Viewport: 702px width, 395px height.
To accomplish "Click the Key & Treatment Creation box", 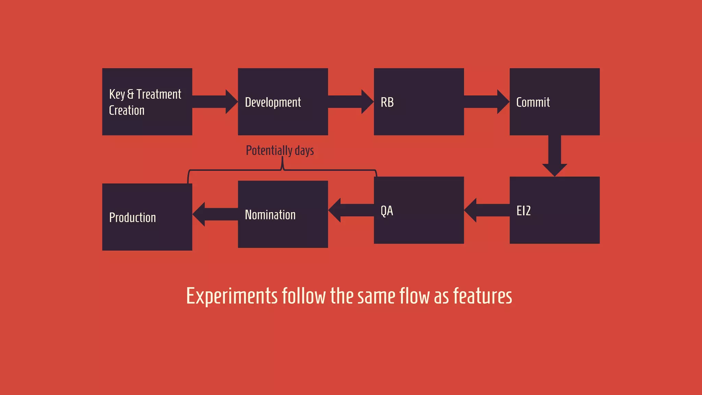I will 147,101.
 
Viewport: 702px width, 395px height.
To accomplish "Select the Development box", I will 283,101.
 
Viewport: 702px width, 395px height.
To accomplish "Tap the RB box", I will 419,101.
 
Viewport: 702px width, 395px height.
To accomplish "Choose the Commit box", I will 554,101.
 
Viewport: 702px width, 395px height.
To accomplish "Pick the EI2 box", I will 554,210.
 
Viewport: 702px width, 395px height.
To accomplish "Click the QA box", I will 419,210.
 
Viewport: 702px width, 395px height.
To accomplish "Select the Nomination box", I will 283,214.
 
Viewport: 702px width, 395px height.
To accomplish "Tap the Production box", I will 147,217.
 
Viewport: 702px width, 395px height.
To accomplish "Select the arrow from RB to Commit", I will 486,101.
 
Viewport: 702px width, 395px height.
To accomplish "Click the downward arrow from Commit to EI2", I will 554,156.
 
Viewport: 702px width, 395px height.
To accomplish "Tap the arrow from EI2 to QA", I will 487,210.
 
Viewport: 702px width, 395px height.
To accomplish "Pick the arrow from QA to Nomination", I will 351,210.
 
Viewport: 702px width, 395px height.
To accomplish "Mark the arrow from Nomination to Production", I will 215,214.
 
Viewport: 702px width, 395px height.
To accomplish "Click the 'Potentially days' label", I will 280,151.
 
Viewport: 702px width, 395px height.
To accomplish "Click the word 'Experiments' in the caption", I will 232,296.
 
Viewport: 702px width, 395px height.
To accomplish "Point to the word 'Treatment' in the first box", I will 159,94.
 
